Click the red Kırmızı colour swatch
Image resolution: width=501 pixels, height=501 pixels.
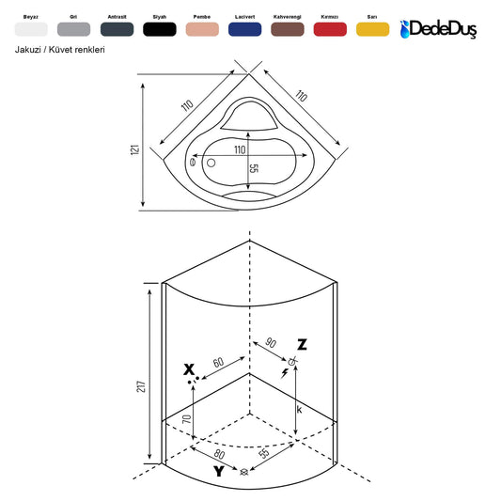coord(330,29)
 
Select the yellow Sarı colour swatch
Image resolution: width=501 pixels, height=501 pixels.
coord(372,29)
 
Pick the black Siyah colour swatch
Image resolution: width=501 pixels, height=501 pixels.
coord(160,29)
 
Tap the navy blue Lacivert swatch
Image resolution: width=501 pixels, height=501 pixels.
coord(244,29)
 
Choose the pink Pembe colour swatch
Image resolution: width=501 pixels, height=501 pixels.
coord(202,29)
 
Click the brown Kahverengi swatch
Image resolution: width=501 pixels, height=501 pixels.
coord(288,29)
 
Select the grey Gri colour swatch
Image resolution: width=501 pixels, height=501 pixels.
coord(74,29)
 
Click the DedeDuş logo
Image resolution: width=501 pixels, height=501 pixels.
coord(438,29)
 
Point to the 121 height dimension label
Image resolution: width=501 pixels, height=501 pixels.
coord(135,149)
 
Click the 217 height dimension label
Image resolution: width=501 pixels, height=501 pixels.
coord(141,386)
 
